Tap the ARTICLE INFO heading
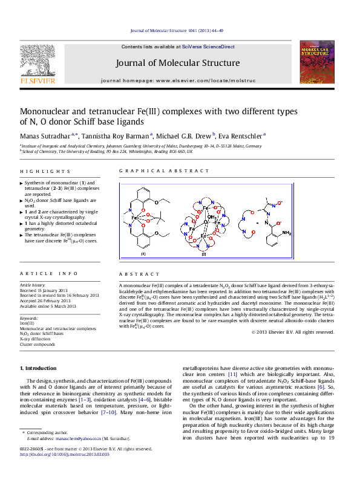point(48,274)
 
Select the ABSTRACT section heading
point(135,274)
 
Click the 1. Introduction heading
point(40,368)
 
